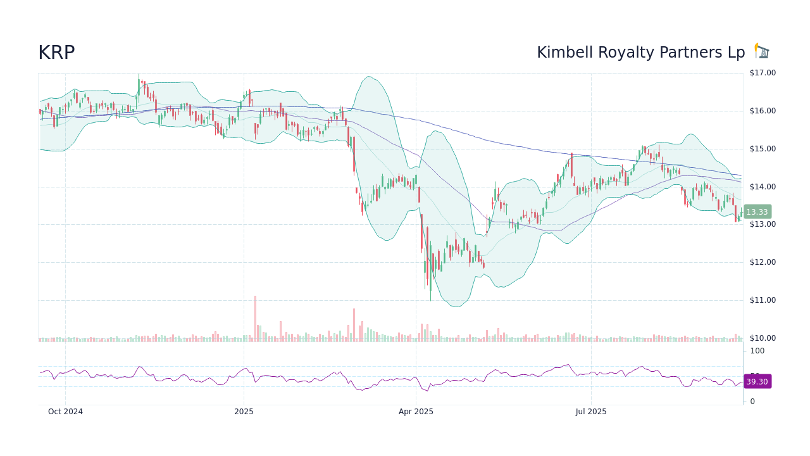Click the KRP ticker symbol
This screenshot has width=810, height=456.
56,53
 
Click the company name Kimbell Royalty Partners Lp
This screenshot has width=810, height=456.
640,53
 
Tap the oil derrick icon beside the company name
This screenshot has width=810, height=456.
762,51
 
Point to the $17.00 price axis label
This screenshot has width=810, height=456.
762,73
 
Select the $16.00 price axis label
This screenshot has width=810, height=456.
762,111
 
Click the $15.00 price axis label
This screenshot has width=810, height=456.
762,149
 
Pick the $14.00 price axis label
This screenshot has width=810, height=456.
762,187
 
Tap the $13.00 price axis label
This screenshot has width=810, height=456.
762,224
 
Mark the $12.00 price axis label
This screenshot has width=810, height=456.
762,262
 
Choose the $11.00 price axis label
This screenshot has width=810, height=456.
762,300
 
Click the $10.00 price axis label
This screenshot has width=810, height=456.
762,338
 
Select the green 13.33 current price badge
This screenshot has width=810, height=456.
757,212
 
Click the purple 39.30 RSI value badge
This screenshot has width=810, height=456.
757,382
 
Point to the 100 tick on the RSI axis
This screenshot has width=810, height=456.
757,351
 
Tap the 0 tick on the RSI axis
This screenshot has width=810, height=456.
752,402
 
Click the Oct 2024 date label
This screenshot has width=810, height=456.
65,412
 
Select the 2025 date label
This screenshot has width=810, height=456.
244,412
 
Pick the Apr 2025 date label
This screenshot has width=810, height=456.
416,412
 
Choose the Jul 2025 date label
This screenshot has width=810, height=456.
591,412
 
